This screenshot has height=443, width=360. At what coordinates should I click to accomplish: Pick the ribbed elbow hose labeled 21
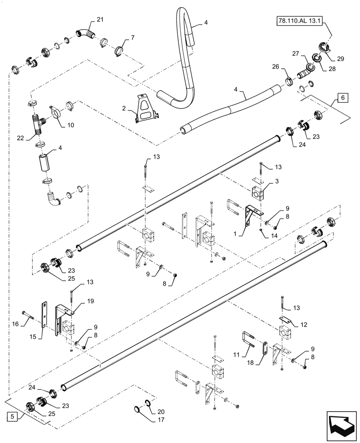(85, 33)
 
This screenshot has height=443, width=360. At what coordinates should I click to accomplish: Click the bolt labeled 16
(30, 316)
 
